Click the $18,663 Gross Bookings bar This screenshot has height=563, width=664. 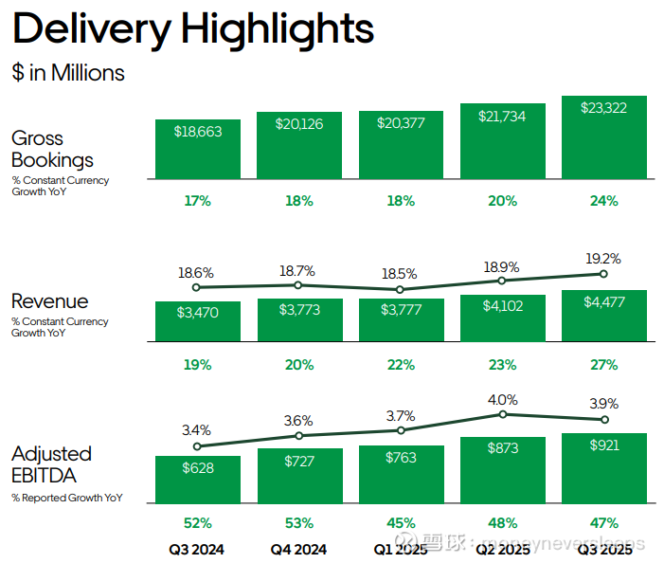point(197,149)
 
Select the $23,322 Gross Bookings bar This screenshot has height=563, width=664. point(603,137)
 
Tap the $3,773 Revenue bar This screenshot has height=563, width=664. point(298,320)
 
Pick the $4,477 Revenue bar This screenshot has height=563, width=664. point(603,316)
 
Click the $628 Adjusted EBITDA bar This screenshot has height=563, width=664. point(197,481)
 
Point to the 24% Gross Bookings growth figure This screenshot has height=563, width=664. point(603,201)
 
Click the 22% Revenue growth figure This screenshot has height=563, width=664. point(401,365)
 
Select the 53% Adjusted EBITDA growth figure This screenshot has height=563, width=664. point(298,523)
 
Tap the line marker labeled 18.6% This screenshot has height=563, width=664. point(197,287)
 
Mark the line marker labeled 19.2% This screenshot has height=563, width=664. point(603,274)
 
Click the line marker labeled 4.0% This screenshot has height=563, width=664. point(502,414)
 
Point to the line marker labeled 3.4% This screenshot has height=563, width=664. point(197,446)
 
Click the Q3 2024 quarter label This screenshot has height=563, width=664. point(197,549)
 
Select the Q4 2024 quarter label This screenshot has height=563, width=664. point(298,549)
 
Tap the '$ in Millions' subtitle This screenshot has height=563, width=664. point(68,73)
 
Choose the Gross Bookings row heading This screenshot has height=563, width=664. point(52,150)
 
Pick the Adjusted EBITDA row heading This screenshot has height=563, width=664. point(51,465)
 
